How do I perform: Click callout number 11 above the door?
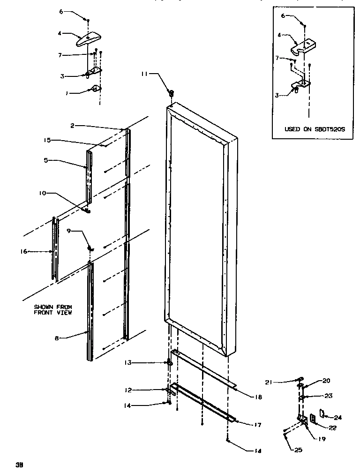[145, 74]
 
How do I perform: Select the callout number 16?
[23, 252]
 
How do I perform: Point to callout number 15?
[48, 140]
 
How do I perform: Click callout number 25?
[299, 450]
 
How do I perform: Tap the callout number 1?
[67, 93]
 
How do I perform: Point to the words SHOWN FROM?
[52, 307]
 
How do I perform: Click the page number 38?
[19, 465]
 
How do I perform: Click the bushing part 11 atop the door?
[172, 92]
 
